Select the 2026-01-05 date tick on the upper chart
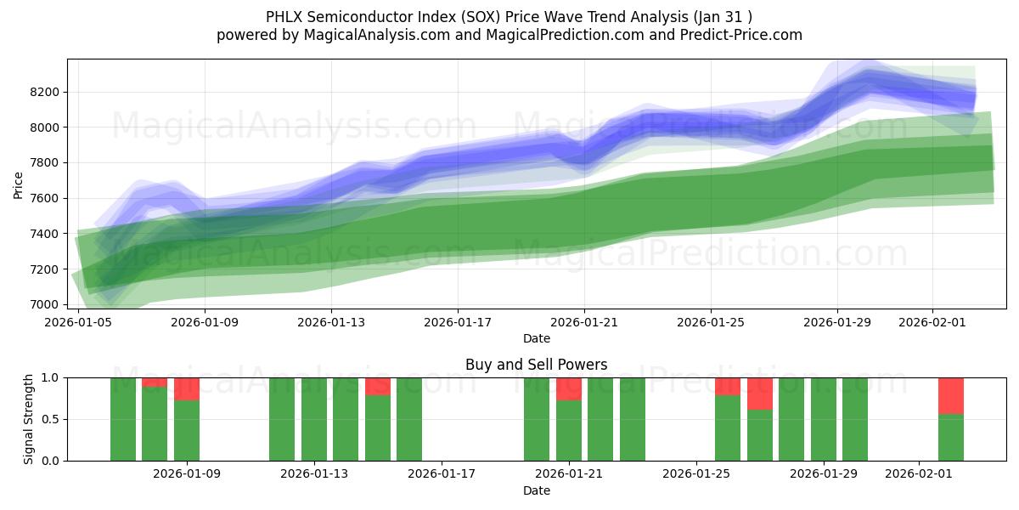pos(79,322)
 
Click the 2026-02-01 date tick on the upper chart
pos(932,322)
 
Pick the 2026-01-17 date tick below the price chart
pos(458,322)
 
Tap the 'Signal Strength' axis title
pos(30,418)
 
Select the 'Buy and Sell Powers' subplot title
pos(536,365)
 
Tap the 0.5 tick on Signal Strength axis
pos(50,419)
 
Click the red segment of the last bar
pos(951,395)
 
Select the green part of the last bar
pos(951,437)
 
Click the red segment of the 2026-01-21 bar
pos(569,388)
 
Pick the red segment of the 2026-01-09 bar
pos(187,388)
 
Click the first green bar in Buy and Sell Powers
pos(123,419)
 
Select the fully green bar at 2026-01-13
pos(314,419)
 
